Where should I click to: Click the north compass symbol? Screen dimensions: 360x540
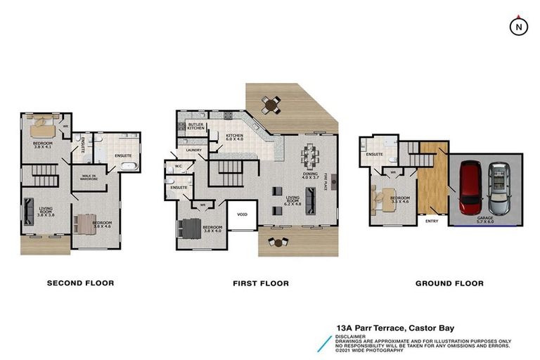[x=518, y=26]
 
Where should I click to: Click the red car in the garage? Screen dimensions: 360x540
[x=470, y=188]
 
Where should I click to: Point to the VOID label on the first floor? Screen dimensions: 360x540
[x=242, y=214]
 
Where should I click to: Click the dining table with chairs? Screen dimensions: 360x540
[x=311, y=155]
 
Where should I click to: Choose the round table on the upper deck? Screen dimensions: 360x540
[x=271, y=105]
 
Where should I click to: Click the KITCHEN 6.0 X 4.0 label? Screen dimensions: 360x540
[x=234, y=138]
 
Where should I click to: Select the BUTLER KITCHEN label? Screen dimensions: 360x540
[x=196, y=127]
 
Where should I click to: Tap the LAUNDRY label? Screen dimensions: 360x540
[x=194, y=150]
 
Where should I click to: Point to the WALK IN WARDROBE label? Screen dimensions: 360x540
[x=89, y=177]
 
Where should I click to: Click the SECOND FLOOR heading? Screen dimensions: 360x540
[x=80, y=283]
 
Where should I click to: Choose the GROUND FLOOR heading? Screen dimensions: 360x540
[x=449, y=283]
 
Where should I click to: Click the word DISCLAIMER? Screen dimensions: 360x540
[x=351, y=336]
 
